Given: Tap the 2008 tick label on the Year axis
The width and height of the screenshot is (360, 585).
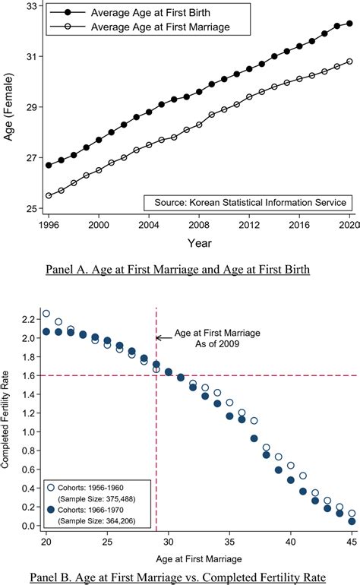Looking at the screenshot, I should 199,226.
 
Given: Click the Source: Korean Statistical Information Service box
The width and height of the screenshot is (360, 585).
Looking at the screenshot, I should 246,202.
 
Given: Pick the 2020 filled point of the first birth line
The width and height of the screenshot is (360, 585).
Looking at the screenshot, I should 349,23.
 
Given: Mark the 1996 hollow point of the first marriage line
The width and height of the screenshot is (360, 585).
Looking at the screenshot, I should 49,195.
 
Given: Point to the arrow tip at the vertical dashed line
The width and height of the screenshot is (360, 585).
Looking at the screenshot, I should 158,338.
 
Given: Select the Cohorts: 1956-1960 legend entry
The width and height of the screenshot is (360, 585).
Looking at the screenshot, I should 92,484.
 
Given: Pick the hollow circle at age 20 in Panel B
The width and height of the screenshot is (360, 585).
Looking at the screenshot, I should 46,313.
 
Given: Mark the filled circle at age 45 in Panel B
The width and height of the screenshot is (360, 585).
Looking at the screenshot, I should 351,522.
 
